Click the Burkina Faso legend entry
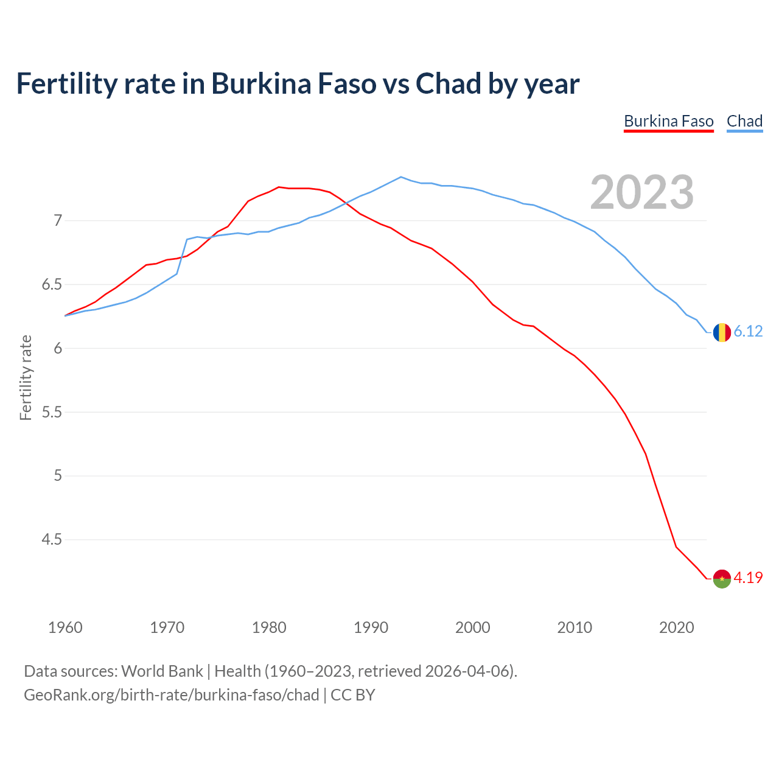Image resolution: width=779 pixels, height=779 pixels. [668, 121]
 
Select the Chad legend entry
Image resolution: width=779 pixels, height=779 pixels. [744, 121]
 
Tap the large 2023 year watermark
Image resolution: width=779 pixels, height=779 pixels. [641, 192]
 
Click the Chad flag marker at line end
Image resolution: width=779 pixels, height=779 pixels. [722, 332]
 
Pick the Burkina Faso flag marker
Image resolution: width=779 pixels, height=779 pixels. [722, 579]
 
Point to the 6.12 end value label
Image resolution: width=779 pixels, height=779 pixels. [748, 332]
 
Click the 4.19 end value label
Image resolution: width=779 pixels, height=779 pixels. [748, 578]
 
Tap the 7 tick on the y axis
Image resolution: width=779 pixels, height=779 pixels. [58, 220]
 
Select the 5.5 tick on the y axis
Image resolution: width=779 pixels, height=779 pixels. [51, 412]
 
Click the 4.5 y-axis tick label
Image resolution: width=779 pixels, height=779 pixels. [51, 540]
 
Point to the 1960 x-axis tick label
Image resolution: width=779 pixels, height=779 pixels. [65, 627]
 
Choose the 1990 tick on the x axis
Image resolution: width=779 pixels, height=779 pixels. [371, 627]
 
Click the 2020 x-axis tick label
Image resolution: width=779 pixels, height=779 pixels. [676, 627]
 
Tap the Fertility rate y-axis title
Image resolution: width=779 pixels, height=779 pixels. [26, 377]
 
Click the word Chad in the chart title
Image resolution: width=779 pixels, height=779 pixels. [448, 84]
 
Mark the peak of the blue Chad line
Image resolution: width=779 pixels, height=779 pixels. [400, 177]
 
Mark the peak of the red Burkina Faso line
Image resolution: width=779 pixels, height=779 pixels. [279, 187]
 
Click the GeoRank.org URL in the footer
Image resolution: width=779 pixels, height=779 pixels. [171, 695]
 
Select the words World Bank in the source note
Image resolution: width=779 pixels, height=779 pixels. [162, 671]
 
